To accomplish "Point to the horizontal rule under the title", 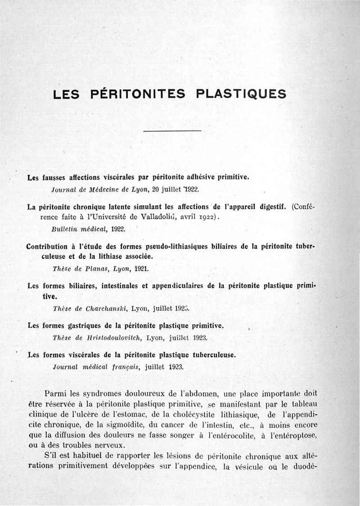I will pos(171,131).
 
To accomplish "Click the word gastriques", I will pos(86,326).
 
